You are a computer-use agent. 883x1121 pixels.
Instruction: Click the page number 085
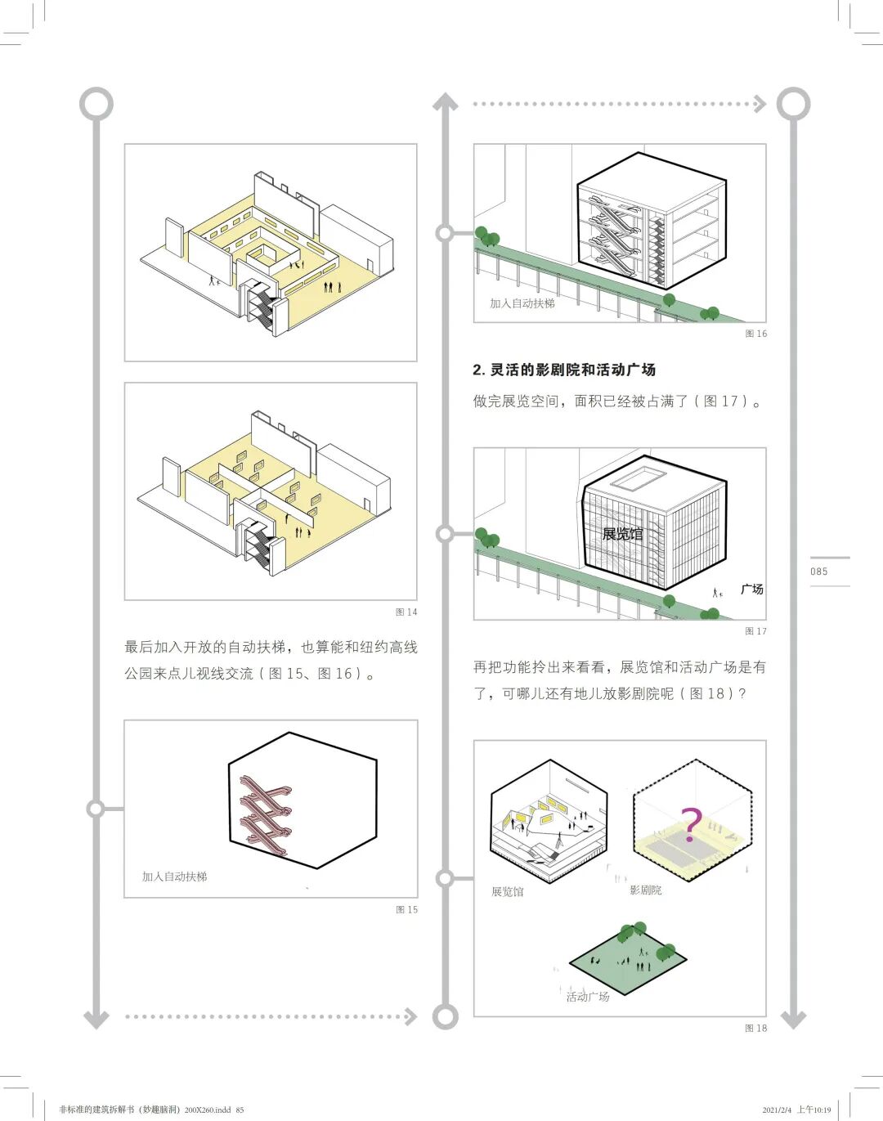(818, 572)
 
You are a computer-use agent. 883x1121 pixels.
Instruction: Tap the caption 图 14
(406, 612)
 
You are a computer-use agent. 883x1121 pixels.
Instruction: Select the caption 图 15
(406, 909)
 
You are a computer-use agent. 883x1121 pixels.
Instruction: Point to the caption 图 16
(755, 334)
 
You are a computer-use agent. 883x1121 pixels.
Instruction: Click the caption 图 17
(755, 631)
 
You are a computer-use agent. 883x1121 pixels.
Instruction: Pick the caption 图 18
(755, 1028)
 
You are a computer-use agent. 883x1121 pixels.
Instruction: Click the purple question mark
(691, 823)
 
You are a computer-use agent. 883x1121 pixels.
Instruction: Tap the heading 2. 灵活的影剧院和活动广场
(564, 370)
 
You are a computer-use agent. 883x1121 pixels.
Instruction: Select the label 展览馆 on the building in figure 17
(622, 534)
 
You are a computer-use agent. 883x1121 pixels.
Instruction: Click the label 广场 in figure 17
(751, 589)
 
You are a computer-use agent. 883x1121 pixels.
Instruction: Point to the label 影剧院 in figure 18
(645, 890)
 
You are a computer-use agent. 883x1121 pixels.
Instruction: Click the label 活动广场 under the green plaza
(588, 996)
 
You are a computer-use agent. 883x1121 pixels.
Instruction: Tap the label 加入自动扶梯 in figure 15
(175, 876)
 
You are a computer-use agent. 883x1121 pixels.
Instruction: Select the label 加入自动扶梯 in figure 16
(522, 303)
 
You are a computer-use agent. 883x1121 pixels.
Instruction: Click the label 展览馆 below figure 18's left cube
(507, 891)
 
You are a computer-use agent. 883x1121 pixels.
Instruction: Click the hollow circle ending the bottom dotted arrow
(445, 1016)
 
